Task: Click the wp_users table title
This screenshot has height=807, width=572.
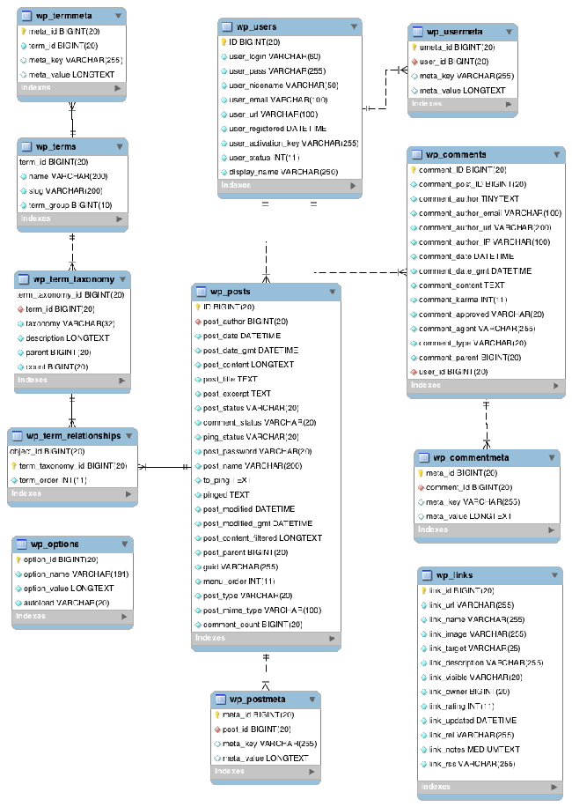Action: pos(259,27)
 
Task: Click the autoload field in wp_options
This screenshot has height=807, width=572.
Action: pos(66,602)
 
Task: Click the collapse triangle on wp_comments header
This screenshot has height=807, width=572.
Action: pos(555,155)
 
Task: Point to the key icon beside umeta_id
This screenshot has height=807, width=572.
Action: pos(414,47)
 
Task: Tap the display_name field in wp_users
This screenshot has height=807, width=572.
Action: pos(273,172)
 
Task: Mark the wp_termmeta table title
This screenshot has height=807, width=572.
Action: pos(67,16)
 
